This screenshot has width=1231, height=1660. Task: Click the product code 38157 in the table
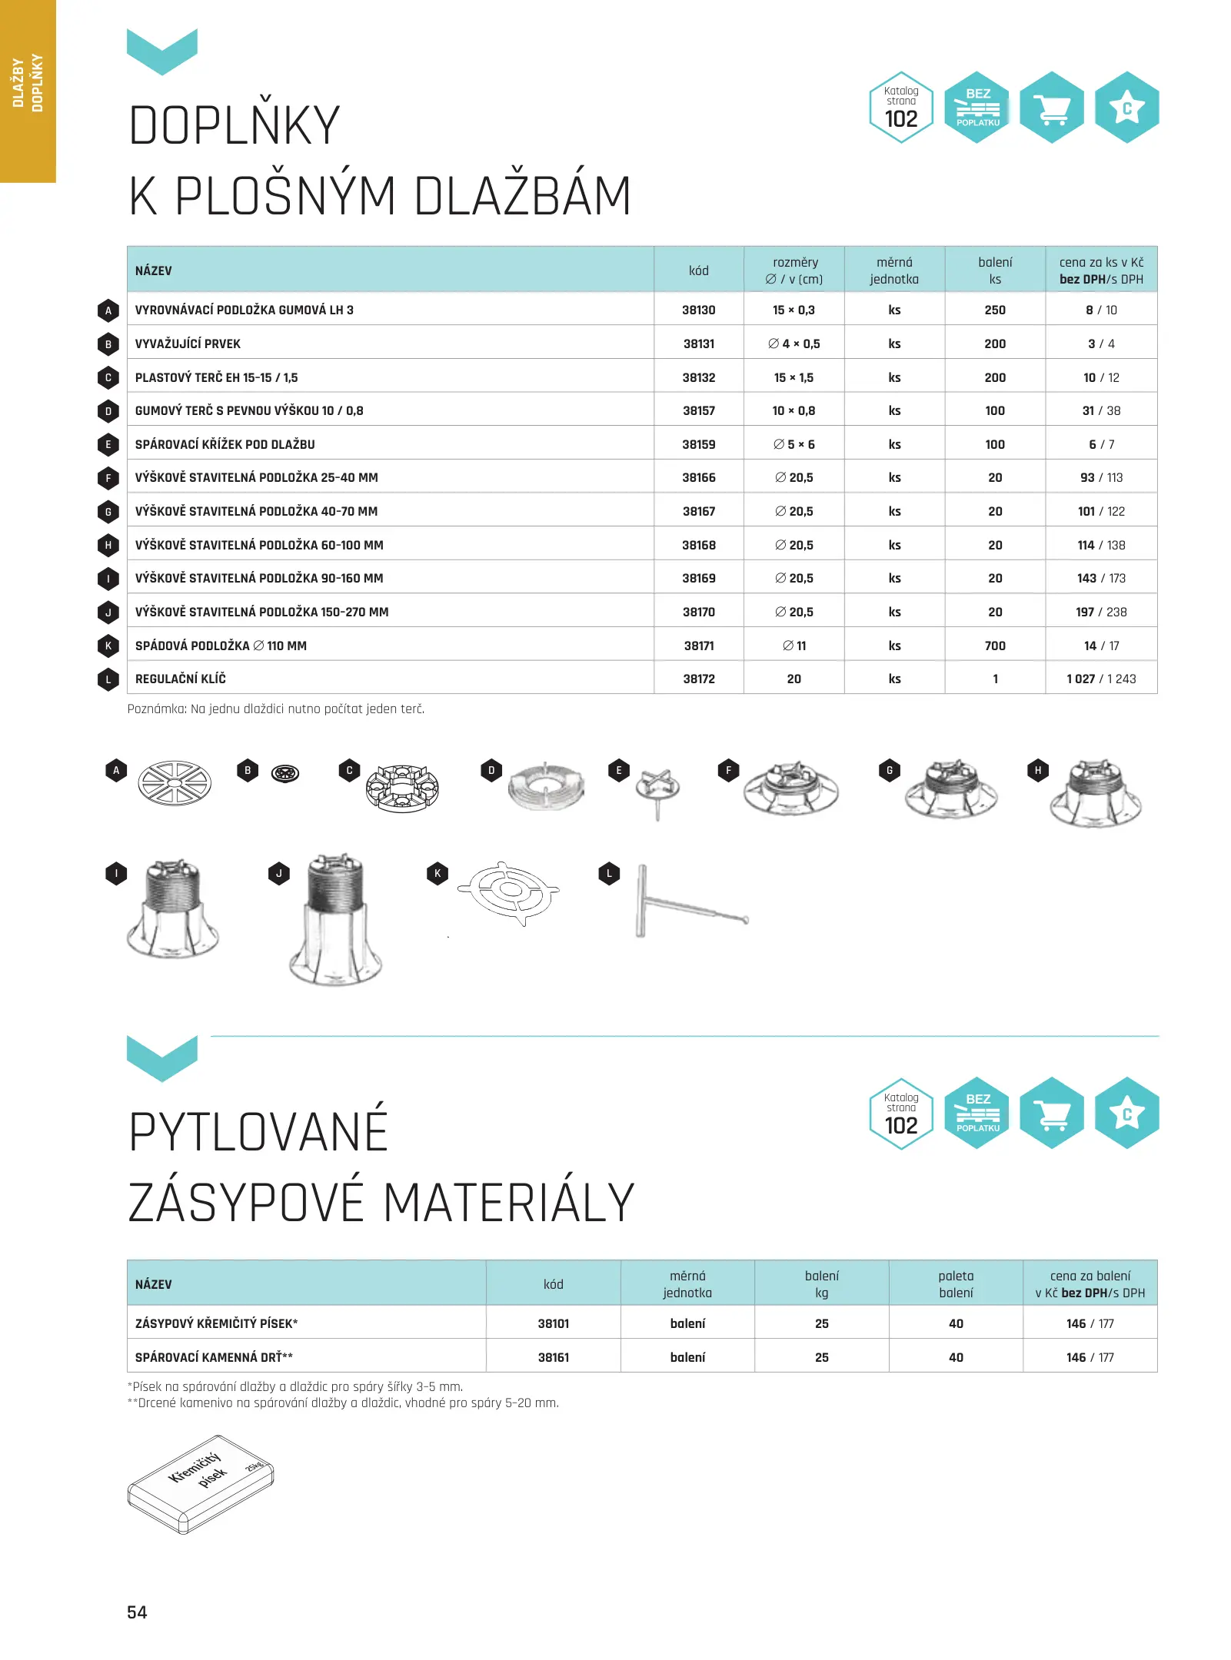point(698,410)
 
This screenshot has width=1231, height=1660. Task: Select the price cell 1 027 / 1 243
point(1100,679)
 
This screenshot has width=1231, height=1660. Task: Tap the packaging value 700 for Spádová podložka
point(994,646)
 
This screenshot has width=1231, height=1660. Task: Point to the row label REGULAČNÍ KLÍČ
point(181,679)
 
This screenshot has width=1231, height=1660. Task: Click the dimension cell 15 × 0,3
point(793,310)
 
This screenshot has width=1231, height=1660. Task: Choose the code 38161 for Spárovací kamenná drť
point(553,1357)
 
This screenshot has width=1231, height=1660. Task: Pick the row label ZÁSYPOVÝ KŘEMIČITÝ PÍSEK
point(216,1323)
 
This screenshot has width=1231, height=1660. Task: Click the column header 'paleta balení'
point(955,1283)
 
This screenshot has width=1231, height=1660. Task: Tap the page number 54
point(137,1612)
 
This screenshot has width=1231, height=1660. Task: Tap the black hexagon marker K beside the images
point(438,873)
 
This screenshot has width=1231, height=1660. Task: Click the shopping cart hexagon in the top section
point(1051,108)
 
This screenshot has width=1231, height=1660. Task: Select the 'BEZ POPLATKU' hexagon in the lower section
point(976,1113)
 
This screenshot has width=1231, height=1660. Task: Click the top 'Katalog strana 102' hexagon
point(901,108)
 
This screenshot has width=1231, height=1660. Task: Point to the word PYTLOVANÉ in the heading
point(258,1132)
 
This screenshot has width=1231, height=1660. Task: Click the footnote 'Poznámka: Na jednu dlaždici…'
point(275,709)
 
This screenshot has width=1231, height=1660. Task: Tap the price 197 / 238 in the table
point(1100,612)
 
